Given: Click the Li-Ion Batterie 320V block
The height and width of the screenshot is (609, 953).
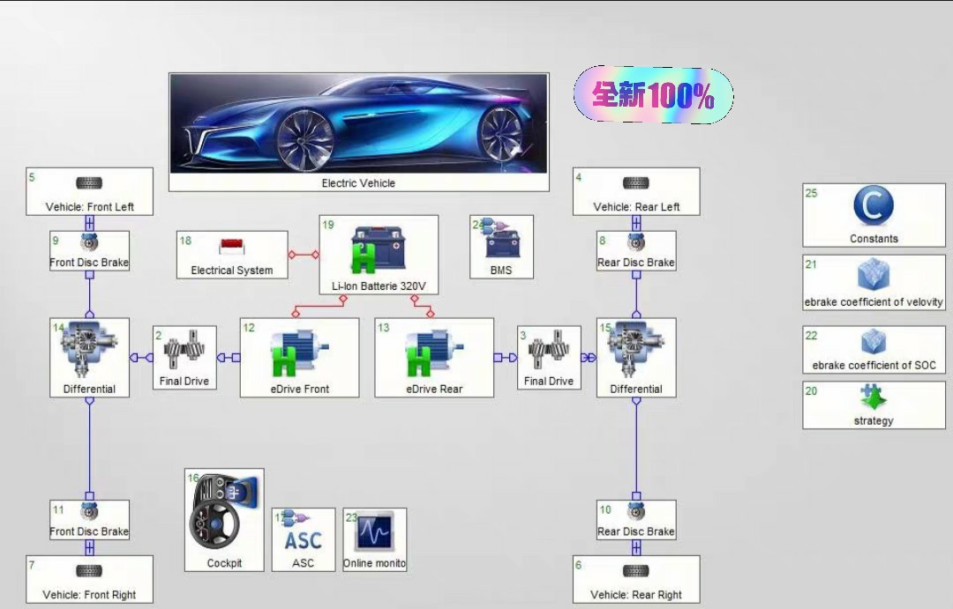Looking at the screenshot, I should pyautogui.click(x=379, y=255).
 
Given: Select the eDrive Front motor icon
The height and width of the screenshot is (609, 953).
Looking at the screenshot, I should pyautogui.click(x=294, y=354).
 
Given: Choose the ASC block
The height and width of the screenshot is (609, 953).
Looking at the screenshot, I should pyautogui.click(x=303, y=539).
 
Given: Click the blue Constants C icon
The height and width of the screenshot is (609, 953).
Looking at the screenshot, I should pyautogui.click(x=873, y=207).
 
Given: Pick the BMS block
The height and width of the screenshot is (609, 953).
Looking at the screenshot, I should pyautogui.click(x=501, y=247).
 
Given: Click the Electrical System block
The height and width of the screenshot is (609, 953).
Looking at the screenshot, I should pyautogui.click(x=232, y=255).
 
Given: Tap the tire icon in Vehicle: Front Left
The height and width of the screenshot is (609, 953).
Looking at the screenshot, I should pyautogui.click(x=89, y=182).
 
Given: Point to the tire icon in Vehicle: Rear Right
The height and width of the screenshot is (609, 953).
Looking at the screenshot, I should pyautogui.click(x=635, y=570).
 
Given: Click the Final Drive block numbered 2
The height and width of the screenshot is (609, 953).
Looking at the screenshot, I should pyautogui.click(x=184, y=357).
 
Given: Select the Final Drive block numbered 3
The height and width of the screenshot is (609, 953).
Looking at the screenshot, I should pyautogui.click(x=549, y=357).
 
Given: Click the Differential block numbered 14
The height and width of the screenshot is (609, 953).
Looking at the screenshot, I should pyautogui.click(x=89, y=357).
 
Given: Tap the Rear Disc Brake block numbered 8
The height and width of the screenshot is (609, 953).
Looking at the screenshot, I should pyautogui.click(x=635, y=251).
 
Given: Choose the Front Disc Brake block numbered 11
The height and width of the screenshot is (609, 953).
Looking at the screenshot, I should pyautogui.click(x=89, y=520).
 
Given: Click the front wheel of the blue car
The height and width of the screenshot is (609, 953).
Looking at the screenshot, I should pyautogui.click(x=305, y=139).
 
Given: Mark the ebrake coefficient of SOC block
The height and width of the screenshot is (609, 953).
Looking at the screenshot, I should pyautogui.click(x=873, y=350).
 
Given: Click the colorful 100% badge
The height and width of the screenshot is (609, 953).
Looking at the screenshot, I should pyautogui.click(x=653, y=95).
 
